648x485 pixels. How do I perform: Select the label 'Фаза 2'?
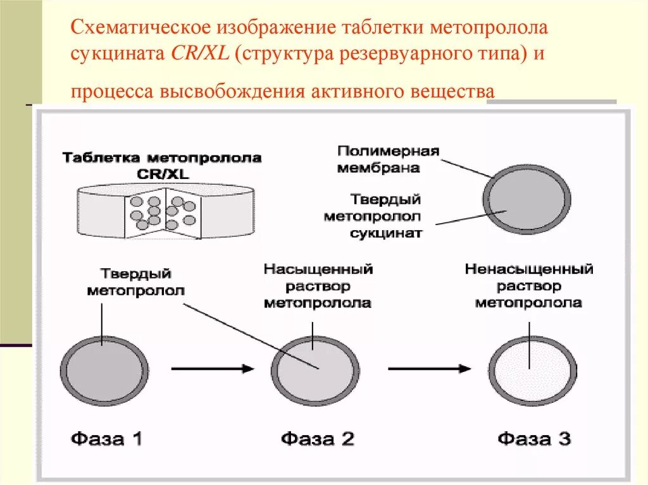click(318, 438)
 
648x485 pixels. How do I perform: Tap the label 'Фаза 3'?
click(534, 438)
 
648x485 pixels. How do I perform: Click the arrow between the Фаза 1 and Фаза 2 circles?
click(212, 368)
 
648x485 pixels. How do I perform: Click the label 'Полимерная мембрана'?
click(388, 159)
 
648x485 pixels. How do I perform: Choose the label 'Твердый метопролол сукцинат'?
click(373, 216)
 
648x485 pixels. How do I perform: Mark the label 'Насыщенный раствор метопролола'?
click(318, 286)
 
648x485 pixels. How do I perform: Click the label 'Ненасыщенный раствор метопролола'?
click(528, 286)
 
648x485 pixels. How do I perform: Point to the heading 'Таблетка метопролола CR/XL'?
click(162, 165)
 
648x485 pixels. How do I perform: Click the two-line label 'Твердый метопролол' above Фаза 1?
click(136, 282)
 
